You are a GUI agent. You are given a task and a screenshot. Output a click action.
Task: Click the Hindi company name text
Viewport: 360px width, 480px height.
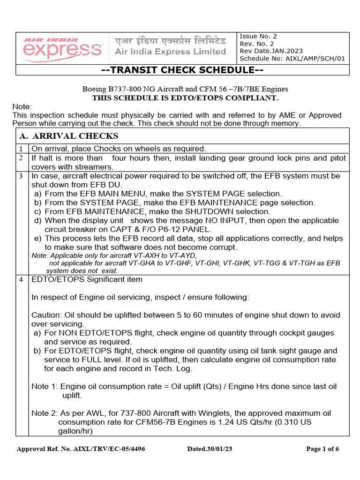point(170,41)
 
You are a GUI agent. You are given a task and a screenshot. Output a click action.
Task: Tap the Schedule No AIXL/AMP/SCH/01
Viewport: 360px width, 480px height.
point(292,59)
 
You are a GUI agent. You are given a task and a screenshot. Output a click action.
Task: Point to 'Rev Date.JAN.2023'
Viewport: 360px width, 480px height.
point(271,51)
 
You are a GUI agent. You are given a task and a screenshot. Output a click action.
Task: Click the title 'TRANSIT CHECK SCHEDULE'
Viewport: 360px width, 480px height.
point(183,70)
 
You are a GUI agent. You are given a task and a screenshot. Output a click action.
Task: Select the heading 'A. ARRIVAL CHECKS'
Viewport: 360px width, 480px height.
point(68,136)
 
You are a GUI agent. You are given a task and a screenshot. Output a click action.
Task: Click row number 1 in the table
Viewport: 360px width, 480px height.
point(21,149)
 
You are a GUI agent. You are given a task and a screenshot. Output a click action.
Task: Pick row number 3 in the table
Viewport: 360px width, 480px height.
point(21,176)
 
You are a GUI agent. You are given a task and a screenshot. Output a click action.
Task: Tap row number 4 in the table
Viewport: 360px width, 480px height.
point(21,280)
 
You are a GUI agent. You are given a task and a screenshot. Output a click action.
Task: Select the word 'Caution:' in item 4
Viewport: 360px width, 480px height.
point(46,315)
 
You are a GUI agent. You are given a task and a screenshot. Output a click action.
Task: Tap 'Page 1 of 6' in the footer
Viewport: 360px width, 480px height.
point(322,449)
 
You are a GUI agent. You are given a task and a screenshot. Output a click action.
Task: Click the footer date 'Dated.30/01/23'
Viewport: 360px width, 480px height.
point(210,449)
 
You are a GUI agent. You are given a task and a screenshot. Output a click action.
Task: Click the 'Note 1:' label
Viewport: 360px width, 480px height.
point(45,386)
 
